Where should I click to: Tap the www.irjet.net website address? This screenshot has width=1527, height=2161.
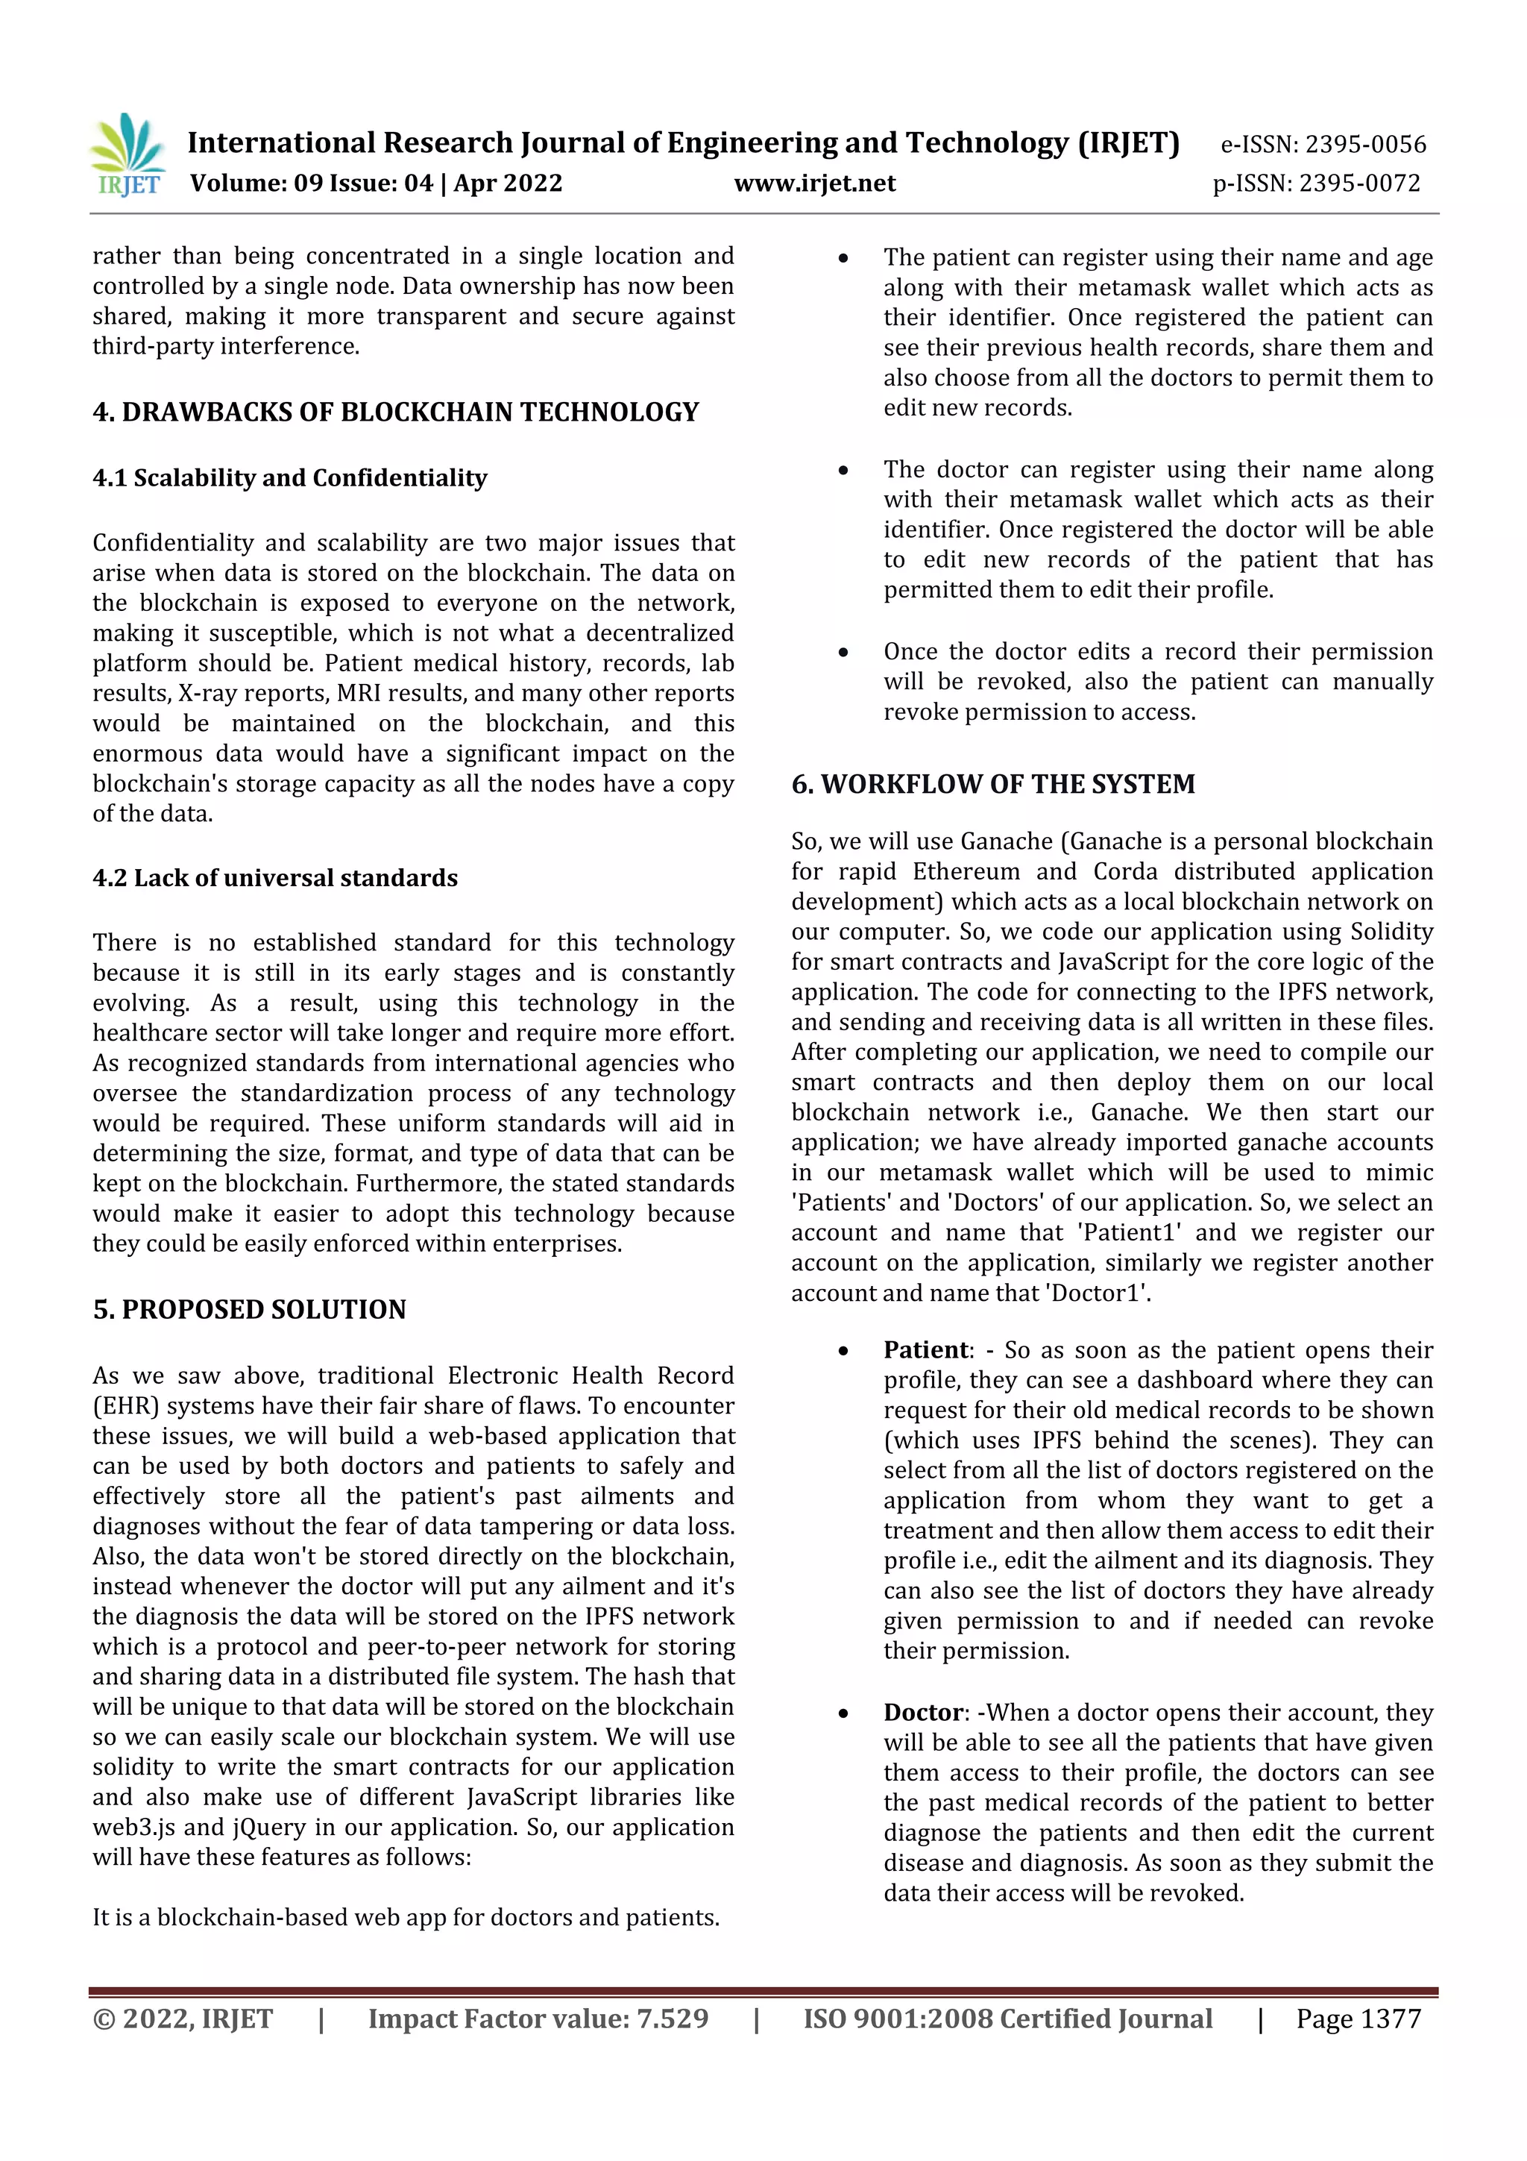[815, 183]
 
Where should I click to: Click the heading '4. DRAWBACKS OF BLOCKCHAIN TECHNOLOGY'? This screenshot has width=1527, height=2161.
[395, 413]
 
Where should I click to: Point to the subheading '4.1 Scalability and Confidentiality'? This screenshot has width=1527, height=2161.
[290, 478]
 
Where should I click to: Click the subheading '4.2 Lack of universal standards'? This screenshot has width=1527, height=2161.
[274, 878]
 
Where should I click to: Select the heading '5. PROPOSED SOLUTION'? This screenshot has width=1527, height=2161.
[249, 1309]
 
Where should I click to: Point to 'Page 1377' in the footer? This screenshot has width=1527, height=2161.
[1358, 2019]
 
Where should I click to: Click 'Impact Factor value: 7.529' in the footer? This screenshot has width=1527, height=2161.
[538, 2019]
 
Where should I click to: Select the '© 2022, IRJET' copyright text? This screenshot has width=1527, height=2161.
[183, 2019]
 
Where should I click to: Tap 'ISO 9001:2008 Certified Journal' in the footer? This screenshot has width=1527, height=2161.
[1007, 2019]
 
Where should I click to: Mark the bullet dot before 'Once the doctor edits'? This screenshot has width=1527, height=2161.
[844, 652]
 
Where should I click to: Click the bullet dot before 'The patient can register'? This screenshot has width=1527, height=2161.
[844, 258]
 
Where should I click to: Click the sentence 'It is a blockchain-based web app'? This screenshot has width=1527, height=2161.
[405, 1917]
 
